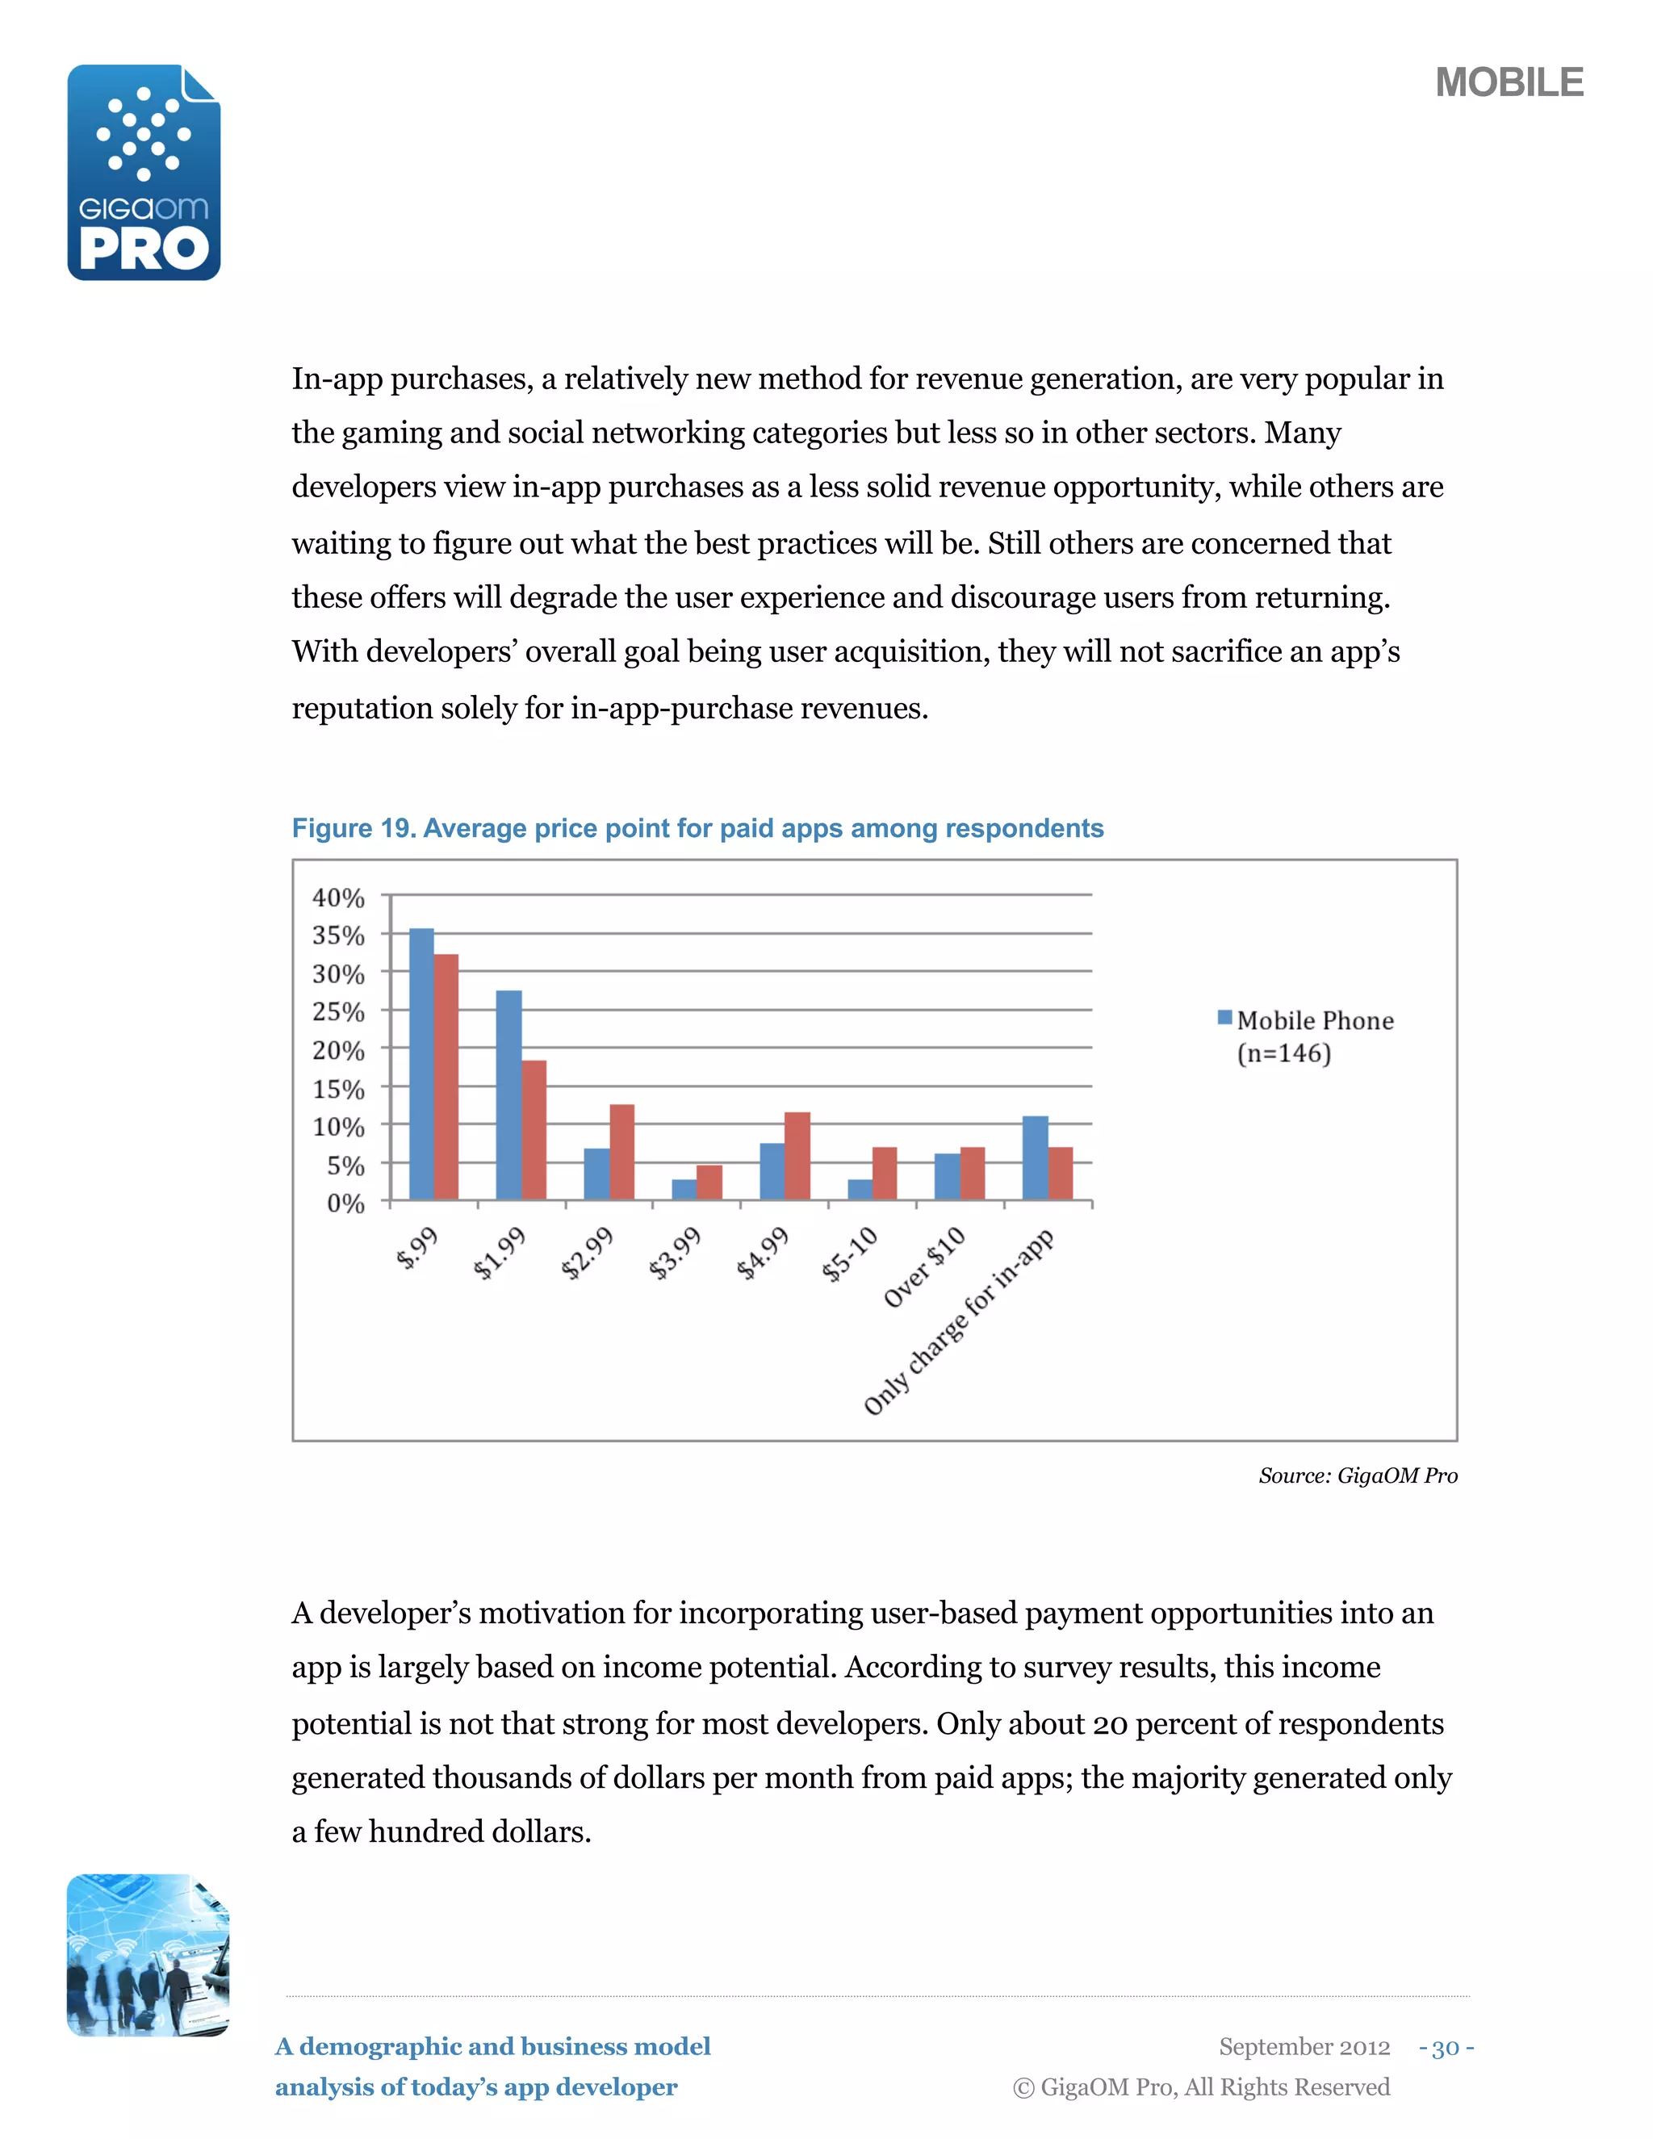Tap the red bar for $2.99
(621, 1152)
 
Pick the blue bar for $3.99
(684, 1189)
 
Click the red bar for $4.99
(797, 1156)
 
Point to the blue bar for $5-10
(860, 1189)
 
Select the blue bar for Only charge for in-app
(1035, 1157)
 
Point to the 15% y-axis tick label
(338, 1089)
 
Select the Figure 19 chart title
(697, 829)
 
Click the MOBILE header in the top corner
(1508, 82)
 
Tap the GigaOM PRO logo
(144, 174)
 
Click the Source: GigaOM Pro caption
(1358, 1475)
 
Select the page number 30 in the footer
(1446, 2047)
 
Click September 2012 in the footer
(1304, 2047)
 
